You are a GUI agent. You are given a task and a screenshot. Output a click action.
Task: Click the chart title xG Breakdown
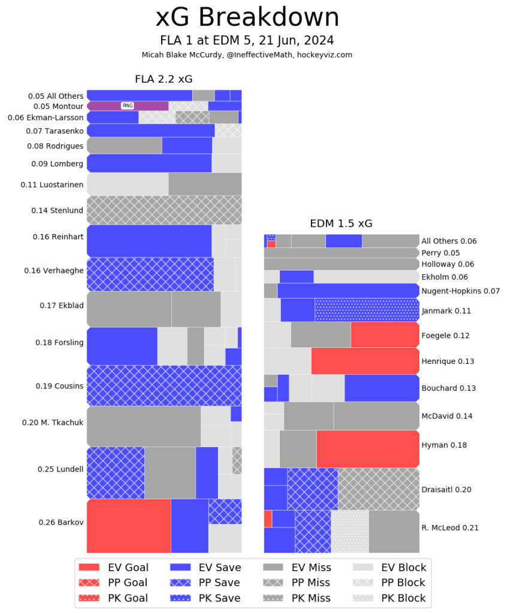pos(247,18)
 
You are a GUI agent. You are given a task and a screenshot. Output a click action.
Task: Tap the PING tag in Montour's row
pos(128,106)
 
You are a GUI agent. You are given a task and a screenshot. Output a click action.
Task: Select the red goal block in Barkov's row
pos(129,526)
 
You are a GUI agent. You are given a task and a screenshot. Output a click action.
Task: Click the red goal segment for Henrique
pos(365,361)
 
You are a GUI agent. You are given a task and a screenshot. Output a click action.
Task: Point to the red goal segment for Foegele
pos(385,335)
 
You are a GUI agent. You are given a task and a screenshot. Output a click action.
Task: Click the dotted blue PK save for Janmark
pos(367,310)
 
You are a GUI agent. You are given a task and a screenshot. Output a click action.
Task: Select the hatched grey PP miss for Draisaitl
pos(378,488)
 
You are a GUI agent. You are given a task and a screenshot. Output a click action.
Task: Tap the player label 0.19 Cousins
pos(59,386)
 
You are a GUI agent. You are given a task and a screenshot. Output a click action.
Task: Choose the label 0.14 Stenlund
pos(57,211)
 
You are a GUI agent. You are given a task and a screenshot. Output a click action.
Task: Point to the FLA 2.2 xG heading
pos(163,79)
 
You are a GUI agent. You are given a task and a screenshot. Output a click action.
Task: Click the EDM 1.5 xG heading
pos(341,224)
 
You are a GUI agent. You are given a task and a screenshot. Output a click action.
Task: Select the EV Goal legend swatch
pos(89,568)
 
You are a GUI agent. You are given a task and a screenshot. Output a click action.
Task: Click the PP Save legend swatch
pos(180,582)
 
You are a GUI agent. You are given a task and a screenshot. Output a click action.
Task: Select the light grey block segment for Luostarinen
pos(128,184)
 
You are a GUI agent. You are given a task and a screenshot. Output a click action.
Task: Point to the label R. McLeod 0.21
pos(449,527)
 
